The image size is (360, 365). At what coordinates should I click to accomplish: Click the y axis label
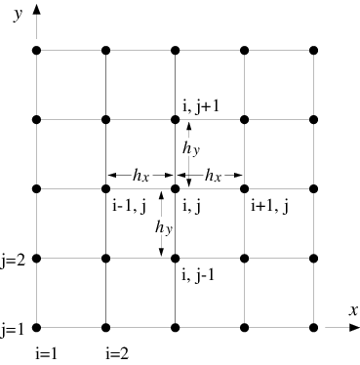click(x=19, y=15)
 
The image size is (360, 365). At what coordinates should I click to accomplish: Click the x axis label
click(x=353, y=310)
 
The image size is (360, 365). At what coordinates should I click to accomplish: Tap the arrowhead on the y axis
click(x=37, y=10)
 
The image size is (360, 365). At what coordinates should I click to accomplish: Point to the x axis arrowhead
click(x=354, y=328)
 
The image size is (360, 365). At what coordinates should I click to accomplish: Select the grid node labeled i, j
click(x=175, y=188)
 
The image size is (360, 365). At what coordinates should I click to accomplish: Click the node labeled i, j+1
click(x=175, y=120)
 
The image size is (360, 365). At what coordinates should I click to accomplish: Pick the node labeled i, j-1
click(x=175, y=259)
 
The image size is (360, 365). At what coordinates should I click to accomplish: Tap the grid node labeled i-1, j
click(x=105, y=188)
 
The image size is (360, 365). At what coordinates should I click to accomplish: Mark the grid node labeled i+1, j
click(x=244, y=188)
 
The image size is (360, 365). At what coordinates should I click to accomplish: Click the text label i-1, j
click(x=130, y=207)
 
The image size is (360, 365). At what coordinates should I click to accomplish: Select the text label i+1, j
click(x=269, y=207)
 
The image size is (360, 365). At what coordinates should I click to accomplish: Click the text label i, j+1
click(x=201, y=106)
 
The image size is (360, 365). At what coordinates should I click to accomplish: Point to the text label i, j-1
click(x=198, y=276)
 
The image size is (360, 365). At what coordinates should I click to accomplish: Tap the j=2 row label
click(x=13, y=261)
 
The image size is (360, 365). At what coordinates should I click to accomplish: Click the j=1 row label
click(x=13, y=330)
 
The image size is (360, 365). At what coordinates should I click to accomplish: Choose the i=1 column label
click(x=47, y=353)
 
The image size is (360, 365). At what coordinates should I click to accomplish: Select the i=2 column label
click(x=117, y=353)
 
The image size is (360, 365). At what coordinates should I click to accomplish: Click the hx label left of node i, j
click(x=140, y=176)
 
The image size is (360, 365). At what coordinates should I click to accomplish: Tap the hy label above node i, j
click(x=191, y=148)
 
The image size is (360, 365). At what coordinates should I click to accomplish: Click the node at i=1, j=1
click(x=37, y=328)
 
